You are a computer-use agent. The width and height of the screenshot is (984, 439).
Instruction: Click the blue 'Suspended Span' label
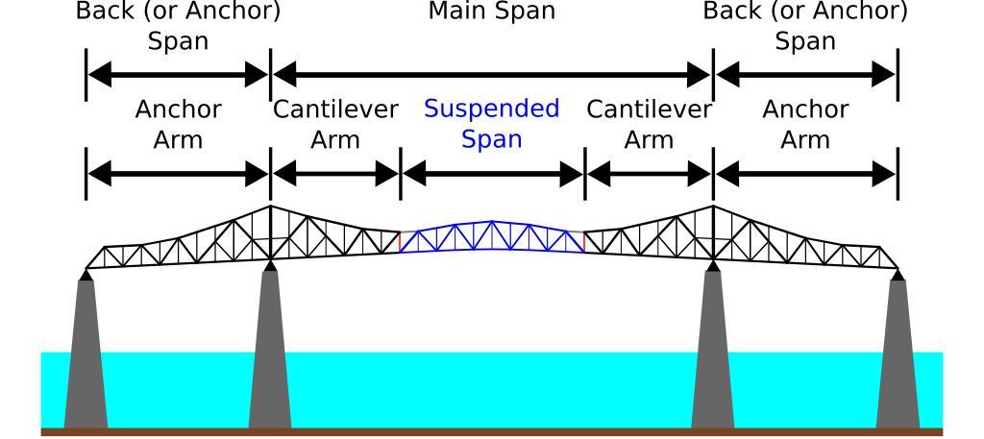coord(491,123)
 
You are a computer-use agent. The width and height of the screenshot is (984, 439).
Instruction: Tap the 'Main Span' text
coord(491,12)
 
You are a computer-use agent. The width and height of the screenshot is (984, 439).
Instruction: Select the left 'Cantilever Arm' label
coord(334,124)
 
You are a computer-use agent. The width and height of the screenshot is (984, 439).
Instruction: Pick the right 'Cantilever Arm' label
coord(649,124)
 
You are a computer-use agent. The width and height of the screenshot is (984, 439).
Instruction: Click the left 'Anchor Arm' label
coord(179,124)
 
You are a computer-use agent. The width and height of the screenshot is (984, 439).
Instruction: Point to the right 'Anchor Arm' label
coord(805,124)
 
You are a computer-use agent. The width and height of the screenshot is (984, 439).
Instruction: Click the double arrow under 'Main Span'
coord(491,73)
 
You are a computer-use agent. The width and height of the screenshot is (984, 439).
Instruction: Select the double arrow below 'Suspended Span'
coord(492,174)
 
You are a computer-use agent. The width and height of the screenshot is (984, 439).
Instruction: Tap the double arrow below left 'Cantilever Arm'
coord(334,174)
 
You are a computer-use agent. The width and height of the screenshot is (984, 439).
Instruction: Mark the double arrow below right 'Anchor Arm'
coord(805,174)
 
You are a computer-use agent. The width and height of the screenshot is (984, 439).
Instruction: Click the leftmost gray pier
coord(86,355)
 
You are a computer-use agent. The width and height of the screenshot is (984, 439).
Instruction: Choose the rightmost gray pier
coord(898,355)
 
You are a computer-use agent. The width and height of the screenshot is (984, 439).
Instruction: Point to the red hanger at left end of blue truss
coord(401,241)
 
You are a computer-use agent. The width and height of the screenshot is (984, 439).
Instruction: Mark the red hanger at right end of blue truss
coord(583,241)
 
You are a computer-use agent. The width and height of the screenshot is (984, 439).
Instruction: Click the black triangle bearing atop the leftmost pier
coord(86,275)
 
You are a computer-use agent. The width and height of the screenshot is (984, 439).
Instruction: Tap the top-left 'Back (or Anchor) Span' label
coord(179,26)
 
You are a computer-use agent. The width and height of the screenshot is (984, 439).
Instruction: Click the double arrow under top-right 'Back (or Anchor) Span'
coord(805,73)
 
